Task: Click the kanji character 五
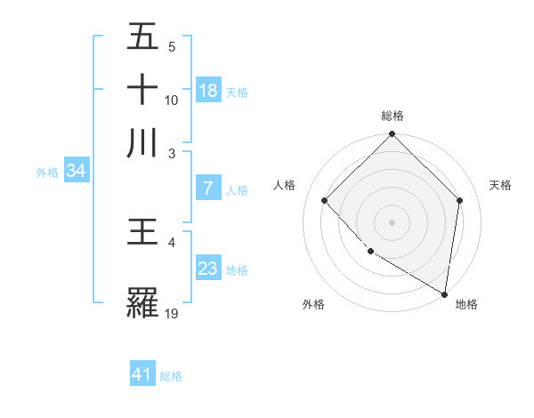click(x=142, y=38)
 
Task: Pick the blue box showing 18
click(x=208, y=90)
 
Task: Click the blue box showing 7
click(x=208, y=189)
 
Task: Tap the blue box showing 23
click(x=208, y=269)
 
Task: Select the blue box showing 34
click(x=76, y=171)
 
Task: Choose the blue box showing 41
click(x=142, y=374)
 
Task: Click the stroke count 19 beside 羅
click(x=172, y=313)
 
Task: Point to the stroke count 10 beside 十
click(x=172, y=100)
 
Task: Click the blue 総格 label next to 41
click(x=171, y=376)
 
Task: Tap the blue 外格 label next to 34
click(x=46, y=173)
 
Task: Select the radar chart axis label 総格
click(x=392, y=116)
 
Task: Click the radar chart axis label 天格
click(x=500, y=185)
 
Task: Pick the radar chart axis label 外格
click(x=313, y=304)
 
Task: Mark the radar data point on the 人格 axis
click(x=325, y=201)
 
